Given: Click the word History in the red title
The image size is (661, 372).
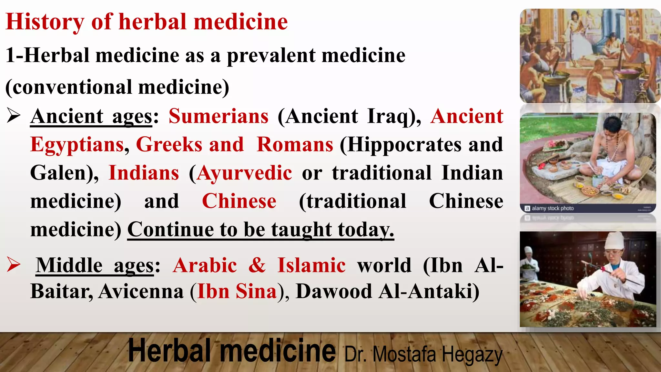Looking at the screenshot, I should (x=45, y=22).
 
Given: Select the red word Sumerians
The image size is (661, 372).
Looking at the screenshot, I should (x=219, y=116).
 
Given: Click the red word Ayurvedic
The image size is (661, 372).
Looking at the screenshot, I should (x=245, y=173).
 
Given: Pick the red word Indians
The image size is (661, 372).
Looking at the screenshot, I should (x=144, y=173).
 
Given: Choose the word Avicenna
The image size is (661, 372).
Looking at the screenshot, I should (x=141, y=291).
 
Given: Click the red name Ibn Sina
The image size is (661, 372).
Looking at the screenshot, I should (x=237, y=291).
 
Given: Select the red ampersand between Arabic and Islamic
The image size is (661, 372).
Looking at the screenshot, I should (x=257, y=265).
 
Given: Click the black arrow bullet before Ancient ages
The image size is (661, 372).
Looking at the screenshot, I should (x=14, y=116).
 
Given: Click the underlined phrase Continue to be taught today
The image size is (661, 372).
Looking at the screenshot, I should (x=260, y=230).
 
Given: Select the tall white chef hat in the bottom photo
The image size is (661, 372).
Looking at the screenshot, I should (x=614, y=241).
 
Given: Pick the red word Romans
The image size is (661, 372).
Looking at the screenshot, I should (x=295, y=144).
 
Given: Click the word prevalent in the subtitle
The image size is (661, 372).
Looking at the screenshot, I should (x=271, y=55).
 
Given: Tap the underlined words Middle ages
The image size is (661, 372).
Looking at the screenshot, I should (x=95, y=265).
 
